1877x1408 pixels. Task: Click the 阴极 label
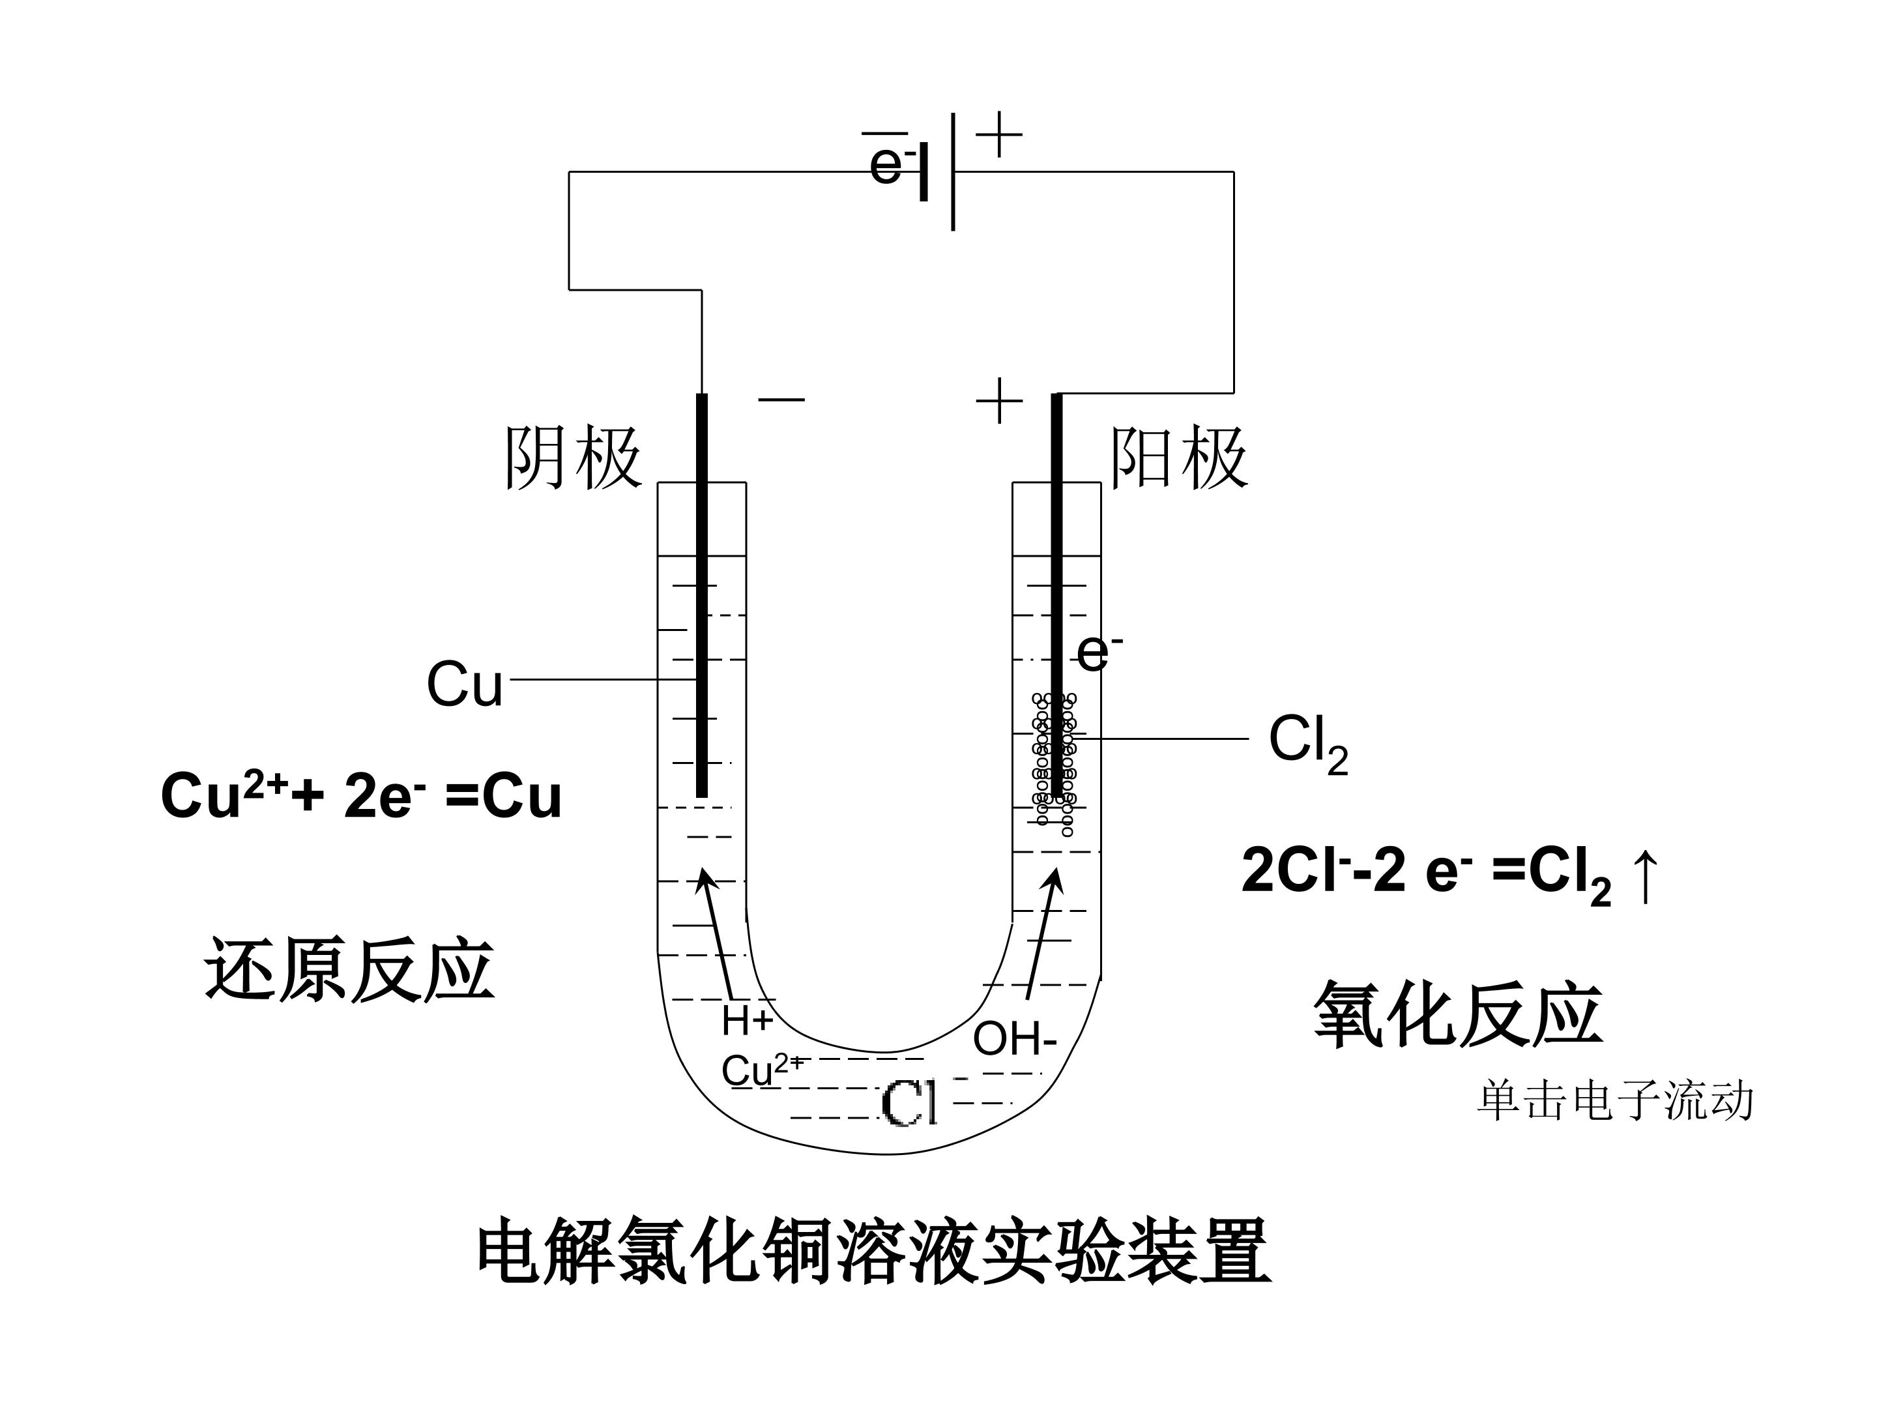click(x=573, y=458)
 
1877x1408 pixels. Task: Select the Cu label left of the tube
click(x=464, y=684)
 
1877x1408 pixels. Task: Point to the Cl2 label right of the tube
click(x=1307, y=744)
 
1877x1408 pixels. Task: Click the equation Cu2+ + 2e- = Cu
click(x=360, y=795)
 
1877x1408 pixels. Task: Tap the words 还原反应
click(x=349, y=970)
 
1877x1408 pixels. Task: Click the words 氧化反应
click(x=1458, y=1014)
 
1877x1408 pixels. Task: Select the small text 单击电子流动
click(x=1615, y=1101)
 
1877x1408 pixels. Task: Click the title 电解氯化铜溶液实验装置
click(x=874, y=1252)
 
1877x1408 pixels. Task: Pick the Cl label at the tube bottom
click(x=910, y=1104)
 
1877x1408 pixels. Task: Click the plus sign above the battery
click(x=998, y=134)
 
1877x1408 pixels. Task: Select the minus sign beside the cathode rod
click(x=781, y=400)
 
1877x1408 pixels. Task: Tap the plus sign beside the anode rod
click(x=998, y=401)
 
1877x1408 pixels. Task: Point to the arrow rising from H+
click(x=716, y=933)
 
